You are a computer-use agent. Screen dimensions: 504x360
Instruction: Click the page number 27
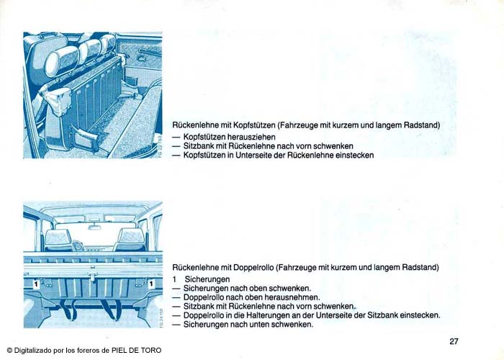click(454, 341)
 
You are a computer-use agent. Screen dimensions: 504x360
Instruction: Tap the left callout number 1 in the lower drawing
click(36, 284)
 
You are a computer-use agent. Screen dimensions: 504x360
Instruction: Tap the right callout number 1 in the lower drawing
click(151, 284)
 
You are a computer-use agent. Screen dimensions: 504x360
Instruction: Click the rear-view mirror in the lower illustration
click(94, 228)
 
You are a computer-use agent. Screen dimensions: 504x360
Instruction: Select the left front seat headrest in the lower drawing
click(58, 238)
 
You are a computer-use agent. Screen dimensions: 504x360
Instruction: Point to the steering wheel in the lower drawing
click(78, 246)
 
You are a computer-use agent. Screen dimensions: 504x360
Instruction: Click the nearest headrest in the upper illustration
click(62, 61)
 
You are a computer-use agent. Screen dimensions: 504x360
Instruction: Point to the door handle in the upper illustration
click(142, 58)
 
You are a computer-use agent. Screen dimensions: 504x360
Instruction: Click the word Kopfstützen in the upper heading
click(254, 125)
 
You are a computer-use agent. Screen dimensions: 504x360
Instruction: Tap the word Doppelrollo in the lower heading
click(253, 267)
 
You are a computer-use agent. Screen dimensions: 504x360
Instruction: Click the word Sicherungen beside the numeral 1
click(207, 279)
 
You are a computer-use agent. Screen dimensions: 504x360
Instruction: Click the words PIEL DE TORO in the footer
click(136, 351)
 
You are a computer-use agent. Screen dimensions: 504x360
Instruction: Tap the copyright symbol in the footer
click(9, 351)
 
